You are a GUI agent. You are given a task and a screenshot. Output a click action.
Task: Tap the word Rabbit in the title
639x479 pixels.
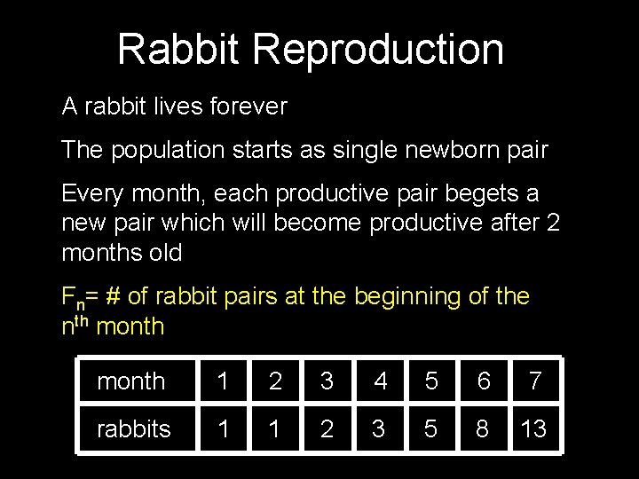tap(178, 50)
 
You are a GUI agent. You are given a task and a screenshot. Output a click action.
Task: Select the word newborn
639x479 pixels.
tap(446, 150)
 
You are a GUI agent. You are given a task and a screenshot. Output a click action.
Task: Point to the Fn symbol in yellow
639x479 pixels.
tap(72, 297)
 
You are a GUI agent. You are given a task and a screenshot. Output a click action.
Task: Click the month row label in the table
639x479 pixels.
tap(130, 381)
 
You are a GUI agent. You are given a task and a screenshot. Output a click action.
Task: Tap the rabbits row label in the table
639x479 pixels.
tap(133, 429)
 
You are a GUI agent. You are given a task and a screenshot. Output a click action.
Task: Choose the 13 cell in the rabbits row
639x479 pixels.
tap(533, 429)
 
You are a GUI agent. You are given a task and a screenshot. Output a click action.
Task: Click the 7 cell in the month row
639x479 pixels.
tap(534, 381)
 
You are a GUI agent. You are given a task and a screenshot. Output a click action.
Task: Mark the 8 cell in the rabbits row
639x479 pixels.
tap(482, 429)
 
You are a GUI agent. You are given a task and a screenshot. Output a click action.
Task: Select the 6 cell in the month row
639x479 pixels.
tap(483, 381)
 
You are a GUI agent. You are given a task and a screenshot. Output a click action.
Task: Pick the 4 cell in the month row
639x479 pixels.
tap(380, 381)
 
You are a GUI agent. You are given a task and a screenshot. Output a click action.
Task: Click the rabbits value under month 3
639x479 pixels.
tap(327, 429)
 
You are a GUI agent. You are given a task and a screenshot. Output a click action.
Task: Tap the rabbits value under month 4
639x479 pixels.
tap(379, 429)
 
